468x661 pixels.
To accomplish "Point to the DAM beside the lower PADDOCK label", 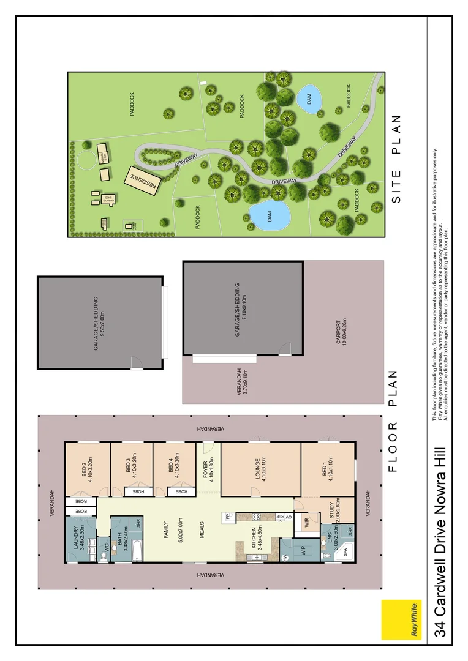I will (x=269, y=215).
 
